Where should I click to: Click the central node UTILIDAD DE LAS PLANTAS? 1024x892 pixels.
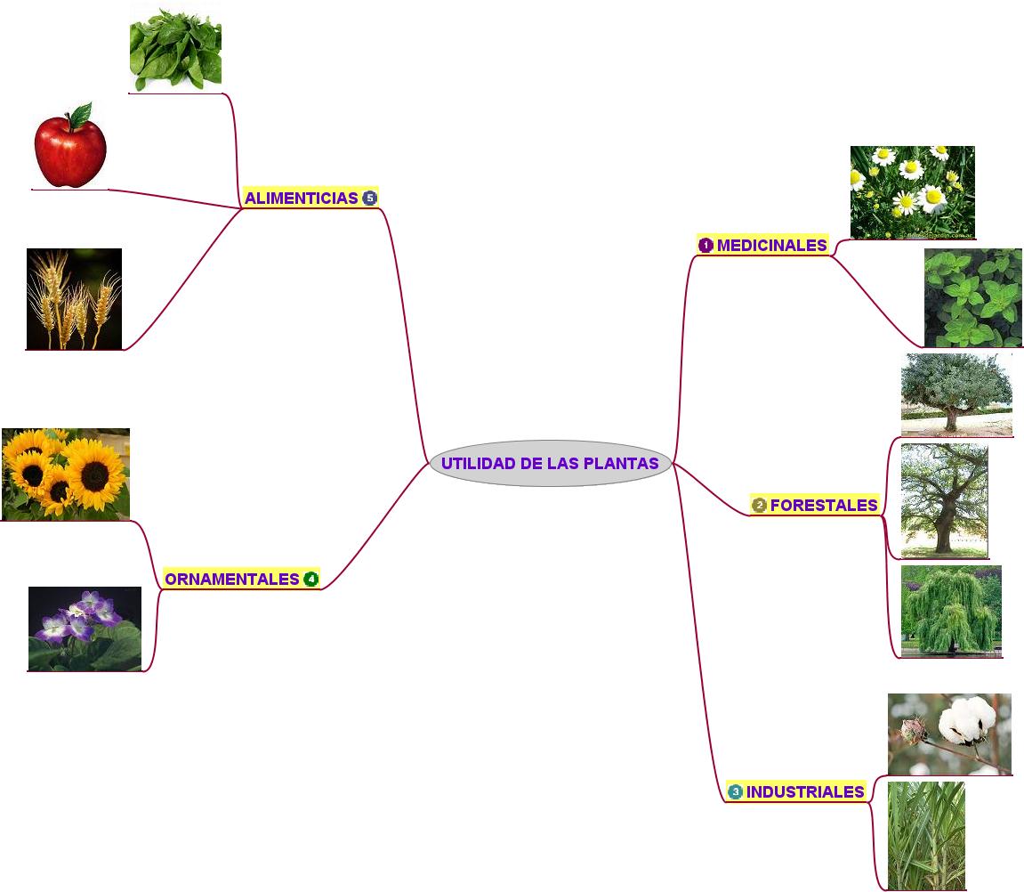click(x=550, y=463)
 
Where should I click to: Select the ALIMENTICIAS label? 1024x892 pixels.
click(x=301, y=198)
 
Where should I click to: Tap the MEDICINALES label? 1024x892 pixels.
click(x=771, y=245)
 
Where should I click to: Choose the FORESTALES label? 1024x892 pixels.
click(x=824, y=505)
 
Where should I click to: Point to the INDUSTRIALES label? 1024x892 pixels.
click(x=804, y=791)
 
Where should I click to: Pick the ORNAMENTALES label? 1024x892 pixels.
click(x=231, y=579)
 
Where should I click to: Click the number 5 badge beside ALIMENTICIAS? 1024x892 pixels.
click(x=369, y=198)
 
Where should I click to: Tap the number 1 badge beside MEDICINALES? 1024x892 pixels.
click(x=706, y=245)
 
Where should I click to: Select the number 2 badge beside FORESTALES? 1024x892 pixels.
click(x=759, y=506)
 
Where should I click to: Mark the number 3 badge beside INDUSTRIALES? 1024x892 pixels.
click(x=735, y=791)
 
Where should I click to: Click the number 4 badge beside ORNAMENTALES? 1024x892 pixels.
click(x=310, y=579)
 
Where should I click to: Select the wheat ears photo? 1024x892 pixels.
click(x=74, y=298)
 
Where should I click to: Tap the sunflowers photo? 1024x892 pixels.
click(x=66, y=474)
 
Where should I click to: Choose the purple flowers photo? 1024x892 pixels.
click(x=85, y=628)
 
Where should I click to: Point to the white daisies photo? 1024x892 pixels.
click(x=912, y=192)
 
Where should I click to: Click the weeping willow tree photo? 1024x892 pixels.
click(x=951, y=611)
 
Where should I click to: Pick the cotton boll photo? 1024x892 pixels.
click(x=949, y=734)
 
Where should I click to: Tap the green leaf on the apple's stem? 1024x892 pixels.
click(x=81, y=115)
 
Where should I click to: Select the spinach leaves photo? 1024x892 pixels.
click(x=175, y=47)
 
